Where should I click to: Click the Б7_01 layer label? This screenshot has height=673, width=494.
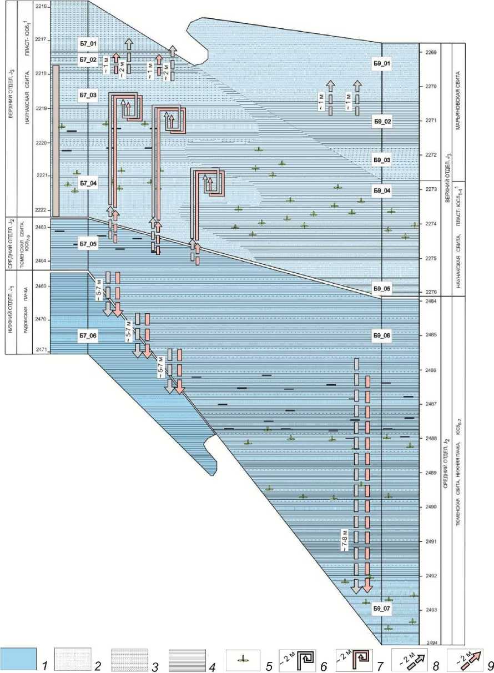pos(88,43)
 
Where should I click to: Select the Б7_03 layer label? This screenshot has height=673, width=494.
pos(88,96)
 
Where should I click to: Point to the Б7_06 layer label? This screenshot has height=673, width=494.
pos(88,336)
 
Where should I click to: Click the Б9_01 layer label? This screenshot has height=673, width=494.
pos(382,64)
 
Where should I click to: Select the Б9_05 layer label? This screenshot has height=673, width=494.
pos(382,289)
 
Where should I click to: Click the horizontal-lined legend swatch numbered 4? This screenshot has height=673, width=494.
pos(186,659)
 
